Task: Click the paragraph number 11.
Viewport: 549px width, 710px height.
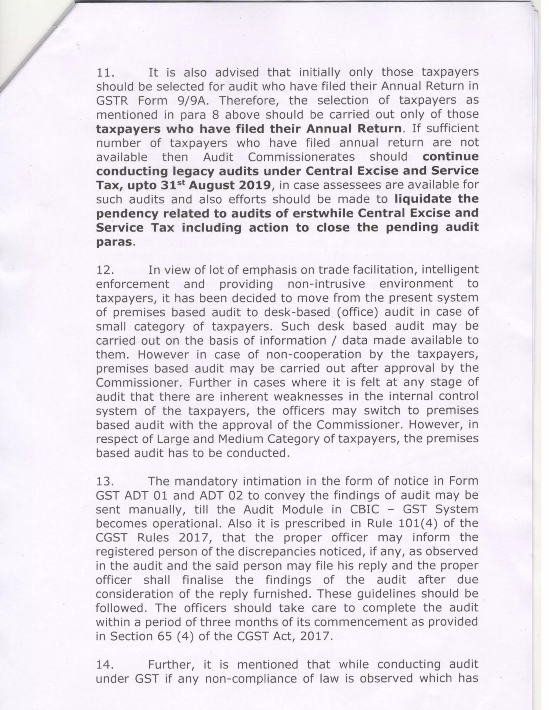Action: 105,73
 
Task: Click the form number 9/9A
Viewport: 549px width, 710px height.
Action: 194,101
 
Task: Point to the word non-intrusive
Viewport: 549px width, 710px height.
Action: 326,284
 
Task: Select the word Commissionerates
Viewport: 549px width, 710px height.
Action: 301,157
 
